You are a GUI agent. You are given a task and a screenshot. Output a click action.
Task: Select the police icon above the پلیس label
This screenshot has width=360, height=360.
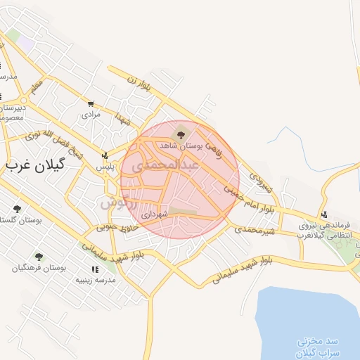click(105, 155)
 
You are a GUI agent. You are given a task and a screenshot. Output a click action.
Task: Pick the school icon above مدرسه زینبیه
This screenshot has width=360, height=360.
click(94, 269)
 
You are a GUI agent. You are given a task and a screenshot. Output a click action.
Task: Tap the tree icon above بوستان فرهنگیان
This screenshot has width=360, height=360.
click(39, 257)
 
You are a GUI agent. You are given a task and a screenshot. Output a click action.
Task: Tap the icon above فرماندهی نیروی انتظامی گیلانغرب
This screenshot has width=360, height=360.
click(324, 215)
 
